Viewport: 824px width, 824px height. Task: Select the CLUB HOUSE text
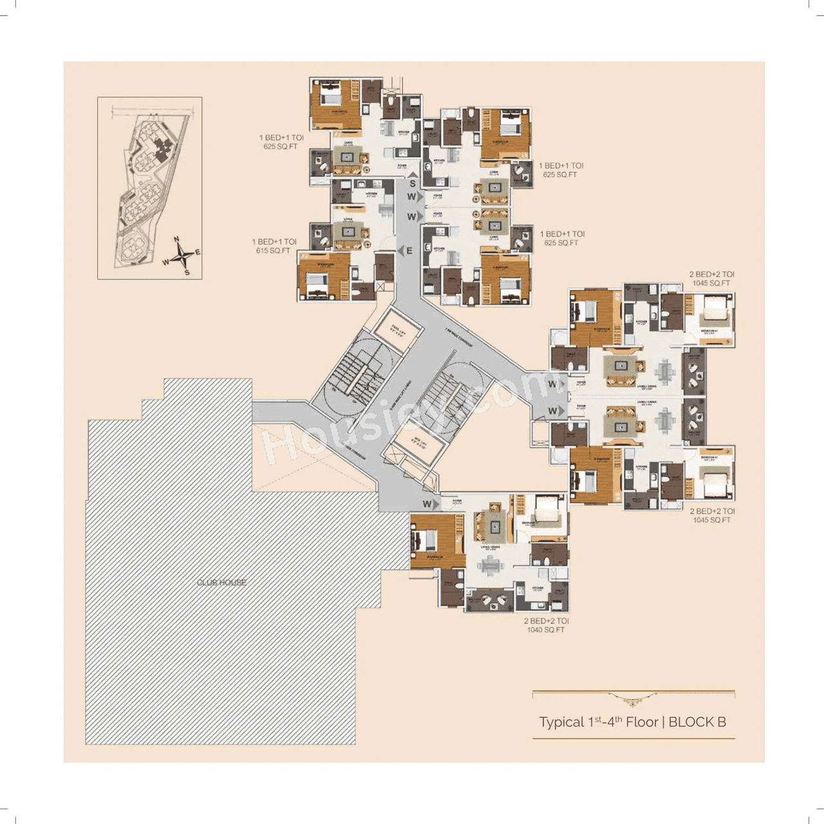tap(221, 583)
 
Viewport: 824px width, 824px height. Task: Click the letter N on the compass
tap(176, 240)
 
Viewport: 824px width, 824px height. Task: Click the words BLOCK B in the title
tap(697, 722)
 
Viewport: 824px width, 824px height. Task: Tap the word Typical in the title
tap(562, 722)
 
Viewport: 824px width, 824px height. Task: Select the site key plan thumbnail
tap(149, 188)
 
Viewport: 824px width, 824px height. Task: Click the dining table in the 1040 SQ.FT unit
tap(491, 566)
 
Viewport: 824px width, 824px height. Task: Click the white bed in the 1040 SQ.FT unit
tap(548, 509)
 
